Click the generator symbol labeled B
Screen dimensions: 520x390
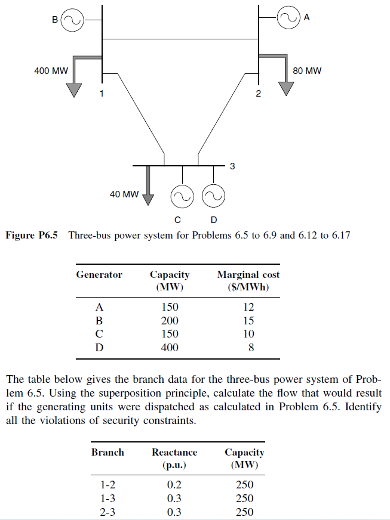click(x=73, y=20)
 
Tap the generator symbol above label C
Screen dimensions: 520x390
click(x=182, y=196)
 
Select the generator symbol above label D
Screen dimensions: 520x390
click(x=213, y=196)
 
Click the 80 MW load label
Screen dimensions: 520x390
click(x=307, y=71)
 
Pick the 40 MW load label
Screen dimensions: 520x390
click(x=124, y=194)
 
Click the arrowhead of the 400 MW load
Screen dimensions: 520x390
click(x=73, y=89)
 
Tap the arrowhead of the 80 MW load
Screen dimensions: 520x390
click(x=287, y=88)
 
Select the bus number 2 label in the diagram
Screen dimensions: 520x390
click(x=258, y=94)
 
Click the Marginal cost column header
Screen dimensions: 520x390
click(x=248, y=280)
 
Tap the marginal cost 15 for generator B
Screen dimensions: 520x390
click(x=248, y=321)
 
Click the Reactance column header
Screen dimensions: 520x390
click(x=174, y=457)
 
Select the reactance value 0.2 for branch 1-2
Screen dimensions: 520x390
click(x=174, y=485)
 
